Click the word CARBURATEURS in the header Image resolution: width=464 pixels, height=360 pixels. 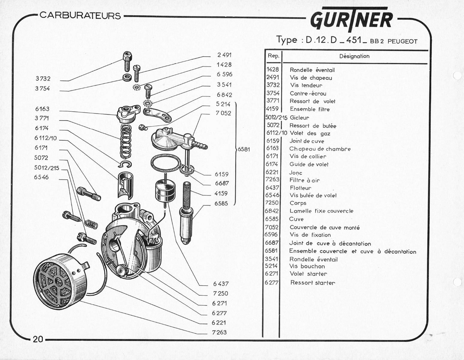click(x=80, y=16)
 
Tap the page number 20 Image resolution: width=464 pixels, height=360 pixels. click(x=38, y=339)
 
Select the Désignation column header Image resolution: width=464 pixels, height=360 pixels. click(x=354, y=56)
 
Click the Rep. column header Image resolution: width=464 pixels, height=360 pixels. click(x=274, y=56)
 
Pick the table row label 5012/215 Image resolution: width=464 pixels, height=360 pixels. click(x=276, y=117)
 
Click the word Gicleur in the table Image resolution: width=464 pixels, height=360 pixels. click(x=299, y=117)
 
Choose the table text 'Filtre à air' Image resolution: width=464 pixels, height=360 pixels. click(x=304, y=180)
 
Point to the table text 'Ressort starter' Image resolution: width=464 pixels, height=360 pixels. click(x=313, y=283)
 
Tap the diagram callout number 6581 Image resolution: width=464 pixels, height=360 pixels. click(x=244, y=149)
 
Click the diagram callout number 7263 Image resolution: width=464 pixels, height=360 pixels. click(x=219, y=332)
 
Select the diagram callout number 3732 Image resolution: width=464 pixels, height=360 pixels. click(x=43, y=79)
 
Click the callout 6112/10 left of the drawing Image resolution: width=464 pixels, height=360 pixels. click(x=46, y=138)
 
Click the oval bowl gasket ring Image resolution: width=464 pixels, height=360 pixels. click(x=165, y=163)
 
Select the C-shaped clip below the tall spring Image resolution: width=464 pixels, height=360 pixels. click(x=125, y=164)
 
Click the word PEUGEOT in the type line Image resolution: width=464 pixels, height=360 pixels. click(x=402, y=41)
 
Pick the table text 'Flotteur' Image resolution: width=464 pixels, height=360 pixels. click(x=301, y=188)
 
